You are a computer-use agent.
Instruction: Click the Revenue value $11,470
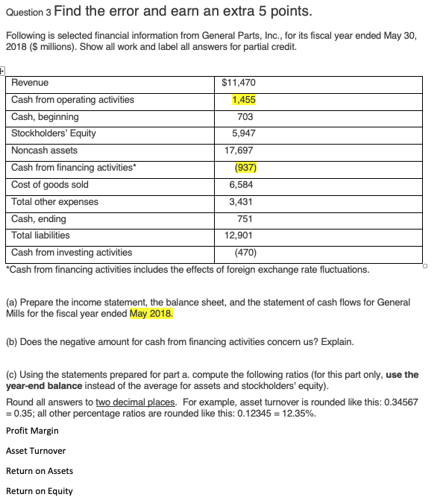coord(239,83)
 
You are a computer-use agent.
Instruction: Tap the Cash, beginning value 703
coord(244,117)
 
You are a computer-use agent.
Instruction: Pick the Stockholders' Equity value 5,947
coord(242,133)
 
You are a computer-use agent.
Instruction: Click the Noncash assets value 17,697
coord(240,151)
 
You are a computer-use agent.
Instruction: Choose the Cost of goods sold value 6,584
coord(242,184)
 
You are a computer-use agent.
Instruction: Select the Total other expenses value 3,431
coord(242,201)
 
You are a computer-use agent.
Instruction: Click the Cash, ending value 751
coord(244,218)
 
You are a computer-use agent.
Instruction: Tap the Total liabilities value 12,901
coord(240,235)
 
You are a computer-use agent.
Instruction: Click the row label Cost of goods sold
coord(50,184)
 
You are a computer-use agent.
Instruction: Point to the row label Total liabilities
coord(41,235)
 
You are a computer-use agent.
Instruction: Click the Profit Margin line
coord(32,431)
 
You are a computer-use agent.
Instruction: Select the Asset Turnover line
coord(36,451)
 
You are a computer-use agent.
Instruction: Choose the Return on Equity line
coord(40,491)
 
